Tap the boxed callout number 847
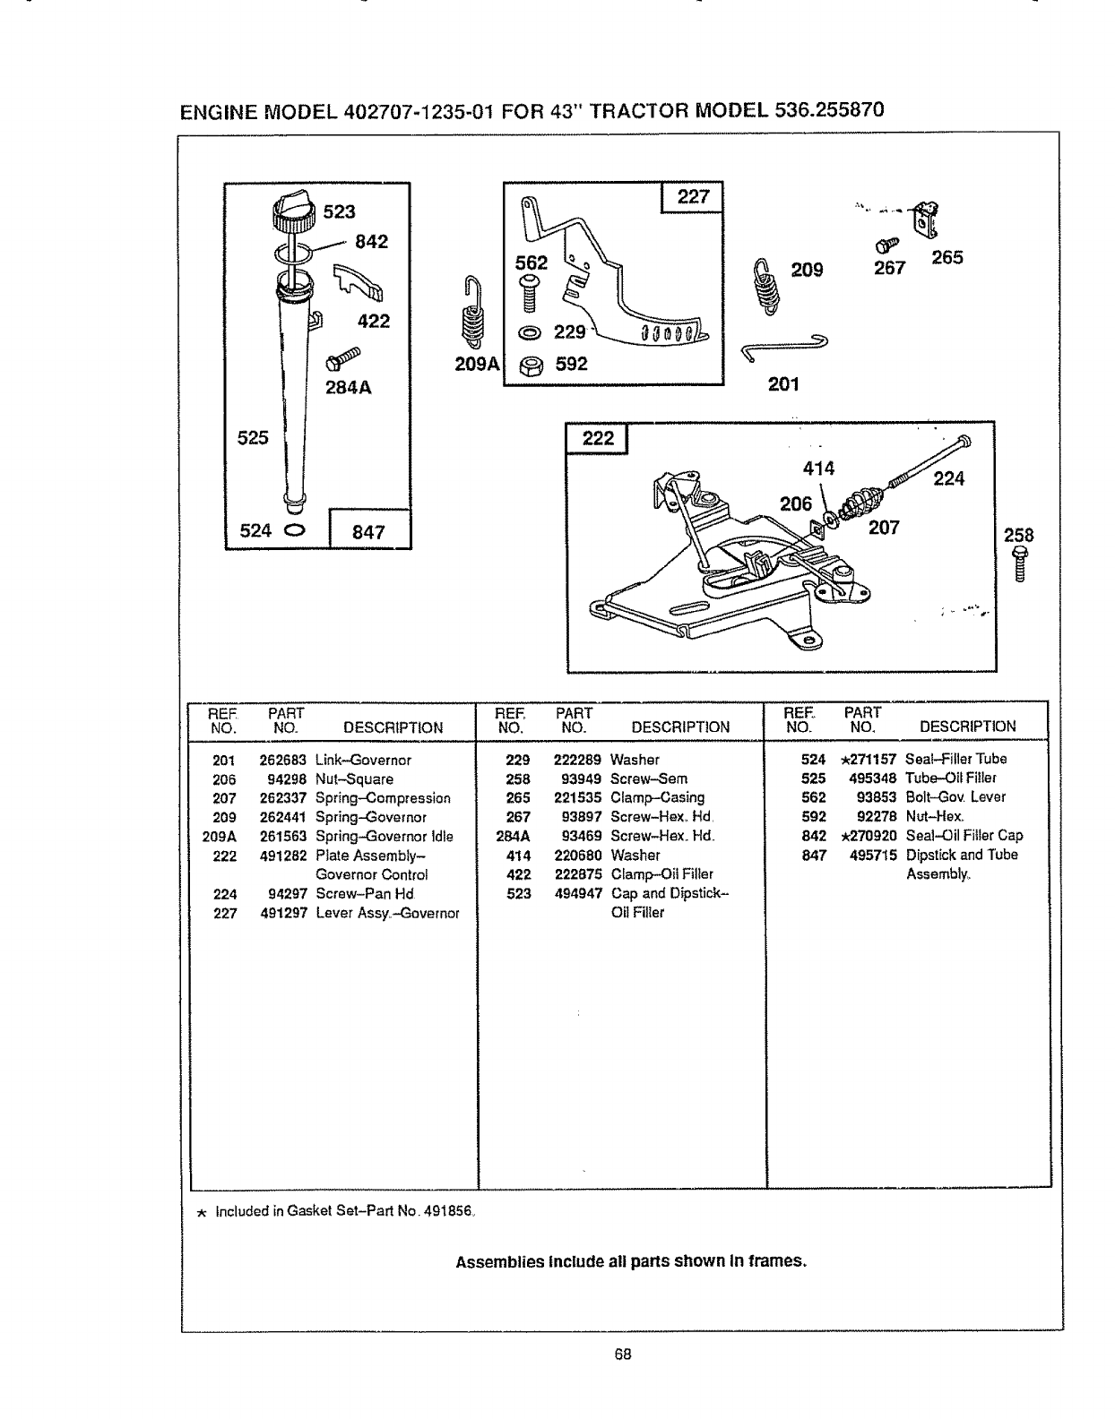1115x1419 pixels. (368, 531)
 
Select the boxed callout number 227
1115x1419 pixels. (692, 196)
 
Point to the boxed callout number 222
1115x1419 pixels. (598, 437)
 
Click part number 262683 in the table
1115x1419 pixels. (283, 761)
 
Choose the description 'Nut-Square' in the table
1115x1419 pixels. (354, 779)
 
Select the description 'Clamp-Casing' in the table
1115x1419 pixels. (657, 797)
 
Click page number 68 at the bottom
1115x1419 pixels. (624, 1354)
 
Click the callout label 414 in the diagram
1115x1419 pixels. (818, 469)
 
